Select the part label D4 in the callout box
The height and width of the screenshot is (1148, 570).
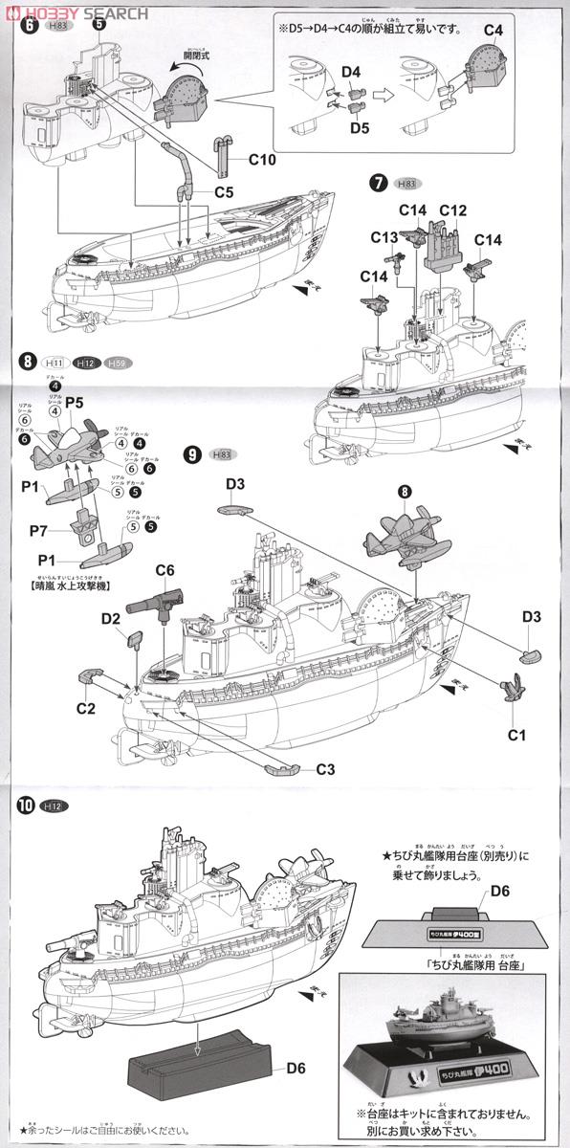[x=350, y=72]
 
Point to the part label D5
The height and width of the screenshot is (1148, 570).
[x=360, y=126]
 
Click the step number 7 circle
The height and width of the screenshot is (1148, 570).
[x=377, y=183]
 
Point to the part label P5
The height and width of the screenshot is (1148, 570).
[x=76, y=403]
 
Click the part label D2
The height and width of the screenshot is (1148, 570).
[x=110, y=620]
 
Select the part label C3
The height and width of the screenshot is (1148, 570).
[x=324, y=769]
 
